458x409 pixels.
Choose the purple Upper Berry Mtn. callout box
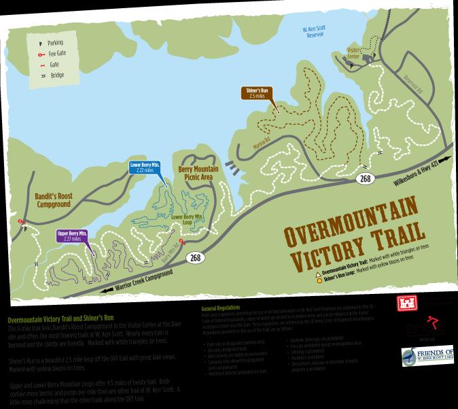tap(72, 236)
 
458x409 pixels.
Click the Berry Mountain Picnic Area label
tap(198, 174)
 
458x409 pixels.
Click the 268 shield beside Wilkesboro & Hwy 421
tap(365, 178)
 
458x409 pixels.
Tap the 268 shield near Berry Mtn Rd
tap(196, 257)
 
